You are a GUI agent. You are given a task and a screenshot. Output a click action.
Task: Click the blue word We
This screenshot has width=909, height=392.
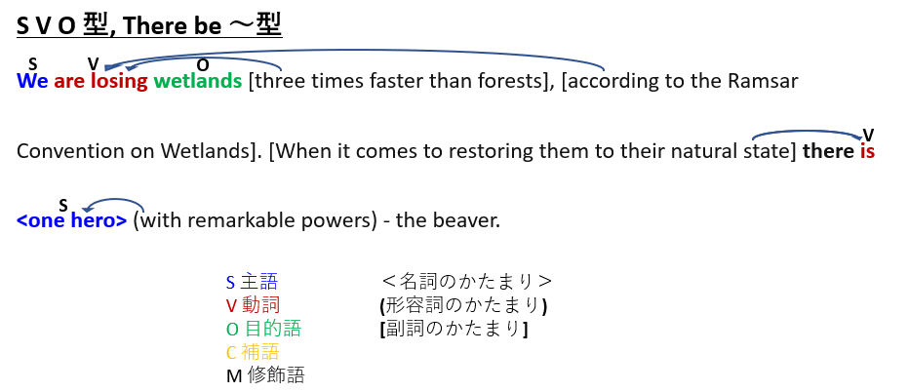(x=32, y=81)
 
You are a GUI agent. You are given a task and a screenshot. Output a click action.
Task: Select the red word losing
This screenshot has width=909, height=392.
(x=119, y=82)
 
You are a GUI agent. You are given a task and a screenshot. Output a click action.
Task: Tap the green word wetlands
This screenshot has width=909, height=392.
(x=198, y=81)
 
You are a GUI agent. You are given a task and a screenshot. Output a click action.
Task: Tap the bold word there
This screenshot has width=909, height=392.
(x=828, y=151)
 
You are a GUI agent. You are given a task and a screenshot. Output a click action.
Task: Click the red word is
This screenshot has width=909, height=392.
(x=867, y=151)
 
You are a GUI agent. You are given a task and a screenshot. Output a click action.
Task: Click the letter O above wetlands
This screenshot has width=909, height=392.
(x=202, y=65)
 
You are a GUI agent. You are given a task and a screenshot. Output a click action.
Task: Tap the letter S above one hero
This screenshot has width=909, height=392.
(x=63, y=205)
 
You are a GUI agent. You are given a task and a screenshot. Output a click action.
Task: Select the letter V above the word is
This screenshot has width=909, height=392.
(x=868, y=135)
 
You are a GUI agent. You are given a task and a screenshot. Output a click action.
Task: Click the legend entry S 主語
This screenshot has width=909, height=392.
(x=253, y=282)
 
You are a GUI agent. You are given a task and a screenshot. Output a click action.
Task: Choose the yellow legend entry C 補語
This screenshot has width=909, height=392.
(x=253, y=351)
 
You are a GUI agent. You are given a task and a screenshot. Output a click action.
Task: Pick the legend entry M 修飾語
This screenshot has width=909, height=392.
(x=265, y=375)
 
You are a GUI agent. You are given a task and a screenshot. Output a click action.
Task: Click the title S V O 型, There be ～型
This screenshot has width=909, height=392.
(x=149, y=26)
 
